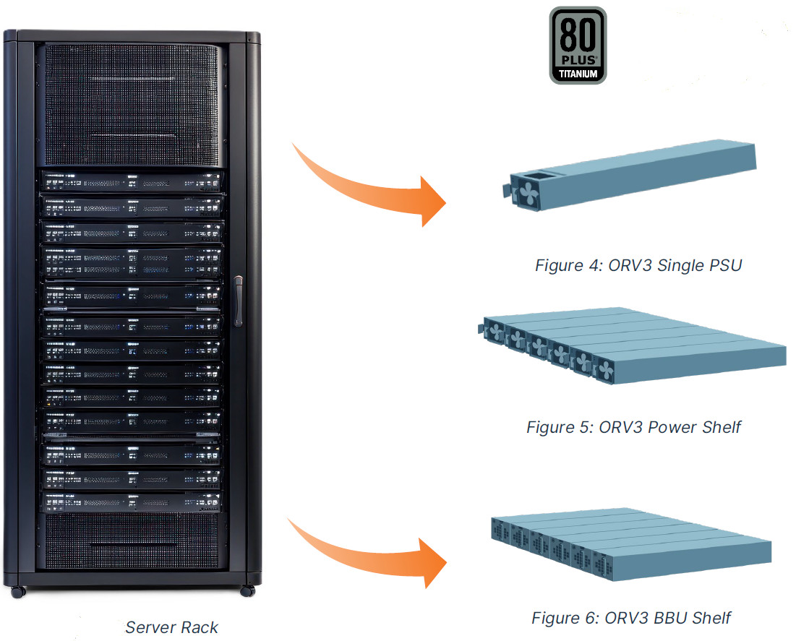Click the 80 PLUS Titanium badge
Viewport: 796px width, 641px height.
(578, 46)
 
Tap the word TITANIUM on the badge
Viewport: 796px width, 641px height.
(578, 74)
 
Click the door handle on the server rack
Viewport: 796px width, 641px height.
(238, 301)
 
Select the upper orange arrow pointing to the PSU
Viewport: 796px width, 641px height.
(368, 188)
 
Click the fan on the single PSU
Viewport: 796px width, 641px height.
(528, 193)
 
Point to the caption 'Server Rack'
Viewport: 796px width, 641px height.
(171, 627)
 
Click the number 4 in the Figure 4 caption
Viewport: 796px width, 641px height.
(594, 265)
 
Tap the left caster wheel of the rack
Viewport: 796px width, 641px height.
(18, 591)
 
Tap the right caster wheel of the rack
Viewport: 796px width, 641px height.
(248, 590)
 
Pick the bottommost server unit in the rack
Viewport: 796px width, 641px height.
(131, 502)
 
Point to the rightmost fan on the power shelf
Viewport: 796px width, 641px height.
(604, 371)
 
